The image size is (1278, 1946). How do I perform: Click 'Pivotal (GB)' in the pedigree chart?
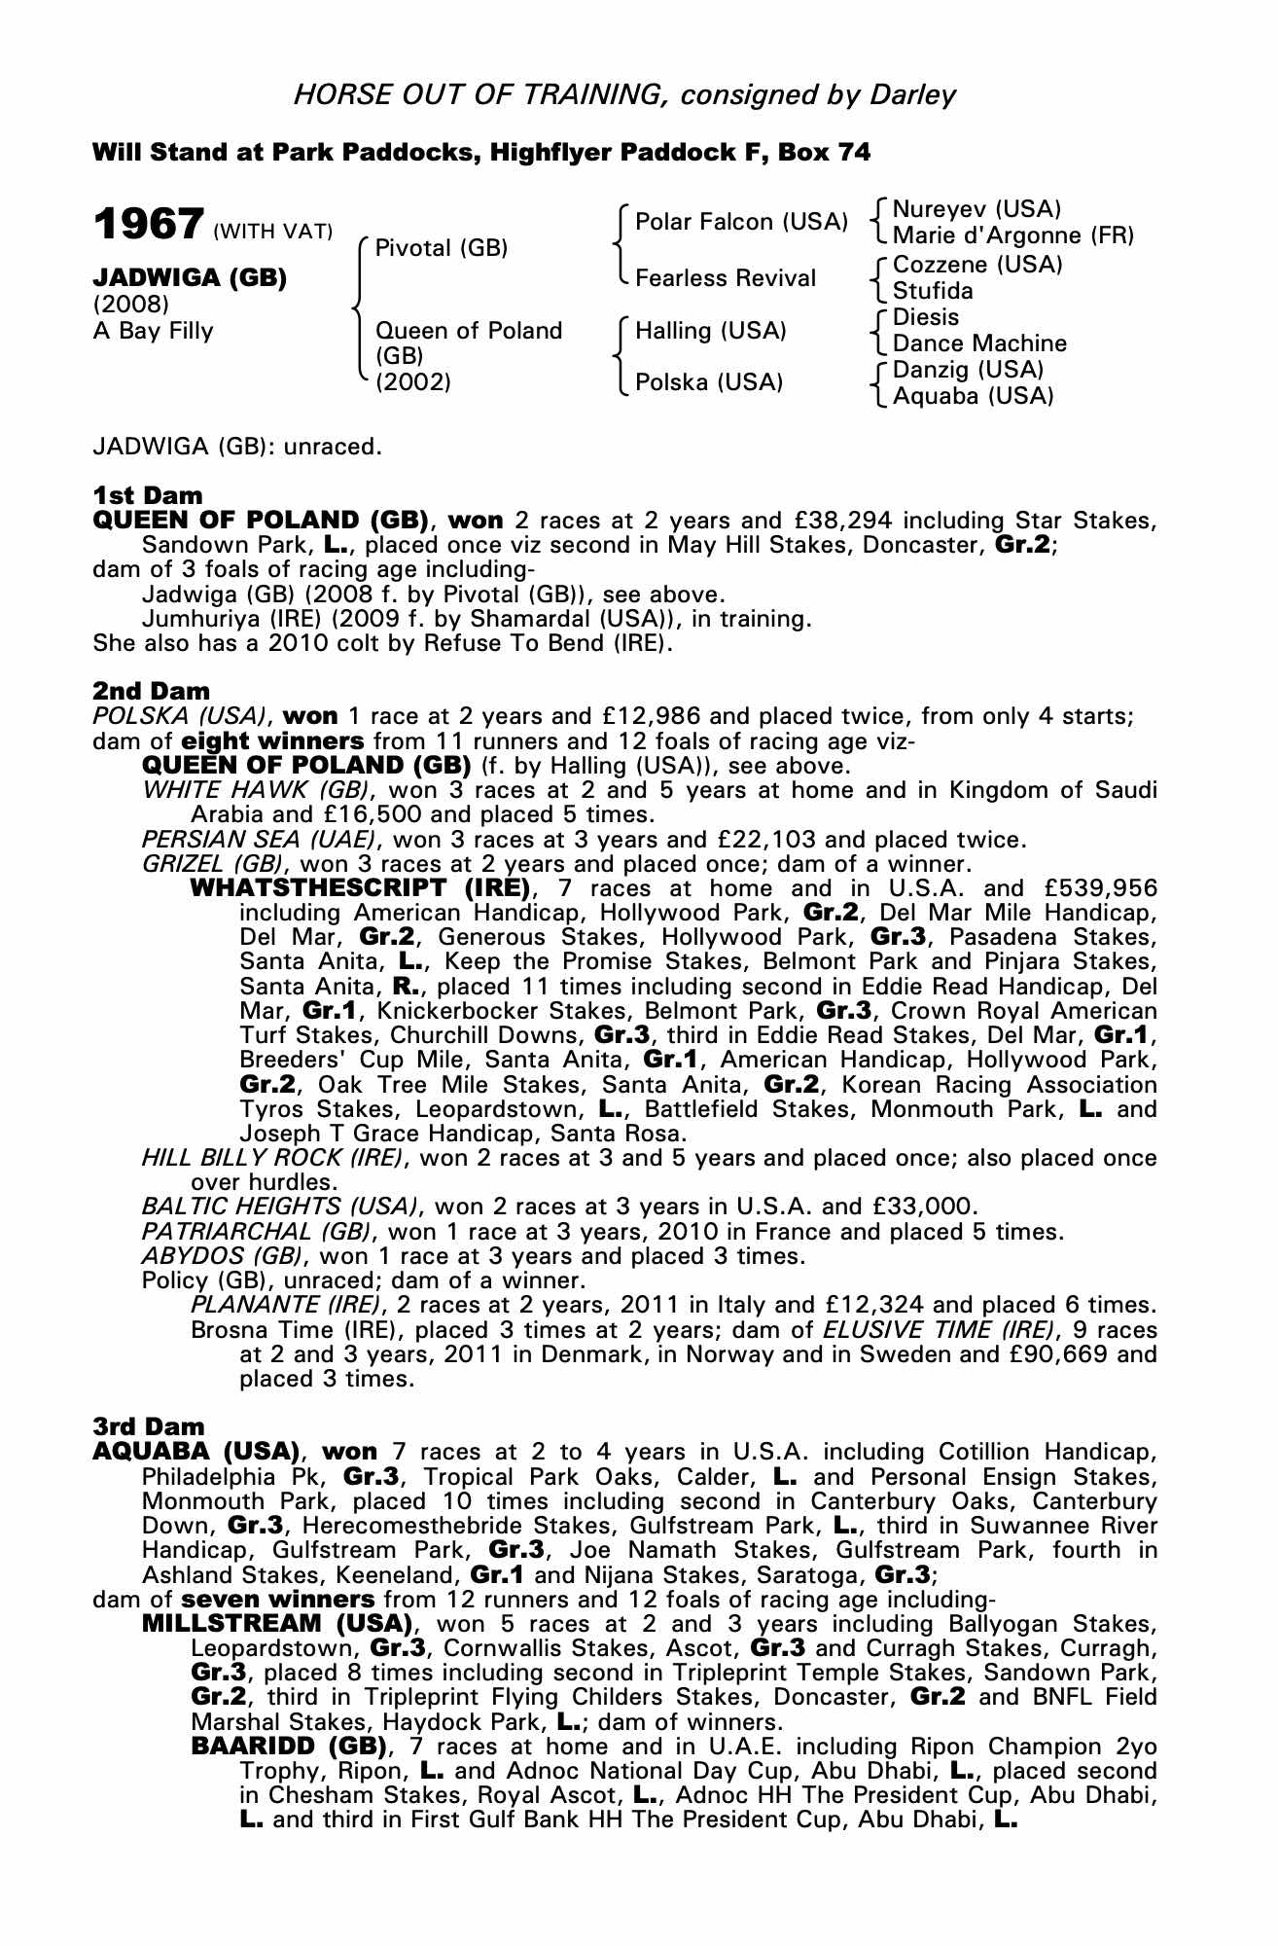point(442,248)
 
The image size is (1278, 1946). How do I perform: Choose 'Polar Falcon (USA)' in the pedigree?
point(741,222)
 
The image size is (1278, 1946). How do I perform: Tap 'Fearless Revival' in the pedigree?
point(726,278)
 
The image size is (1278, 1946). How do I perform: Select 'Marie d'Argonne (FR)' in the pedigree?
point(1013,235)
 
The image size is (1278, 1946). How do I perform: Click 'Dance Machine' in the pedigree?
point(979,343)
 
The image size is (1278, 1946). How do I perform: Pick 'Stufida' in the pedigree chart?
point(933,291)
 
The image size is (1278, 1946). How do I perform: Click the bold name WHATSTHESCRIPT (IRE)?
point(360,888)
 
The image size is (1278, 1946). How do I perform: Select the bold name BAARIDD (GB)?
point(290,1747)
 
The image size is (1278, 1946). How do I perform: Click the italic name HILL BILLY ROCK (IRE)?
point(271,1158)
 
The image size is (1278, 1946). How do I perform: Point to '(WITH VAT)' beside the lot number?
point(272,232)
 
